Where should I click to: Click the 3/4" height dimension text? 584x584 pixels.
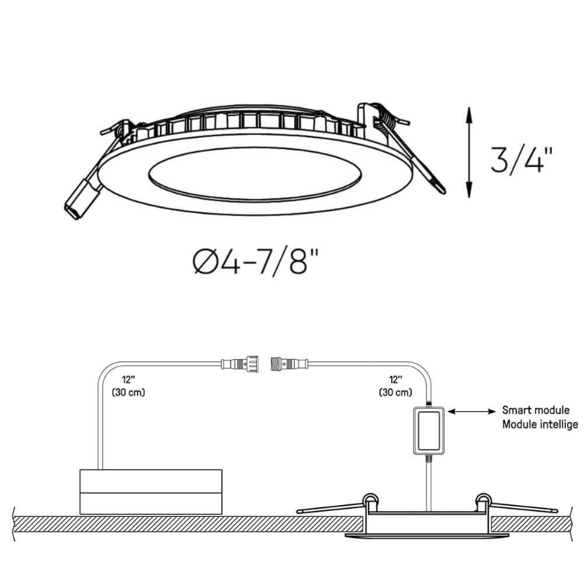click(521, 160)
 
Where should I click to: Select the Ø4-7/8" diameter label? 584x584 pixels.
click(256, 262)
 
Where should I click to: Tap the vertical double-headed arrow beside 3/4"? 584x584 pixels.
click(469, 152)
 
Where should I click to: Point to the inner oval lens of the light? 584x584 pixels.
click(255, 174)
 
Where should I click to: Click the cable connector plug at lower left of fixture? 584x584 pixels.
click(82, 199)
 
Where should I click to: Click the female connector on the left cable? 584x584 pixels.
click(240, 364)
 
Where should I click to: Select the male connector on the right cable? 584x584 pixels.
click(289, 364)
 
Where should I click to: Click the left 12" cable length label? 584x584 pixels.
click(128, 380)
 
